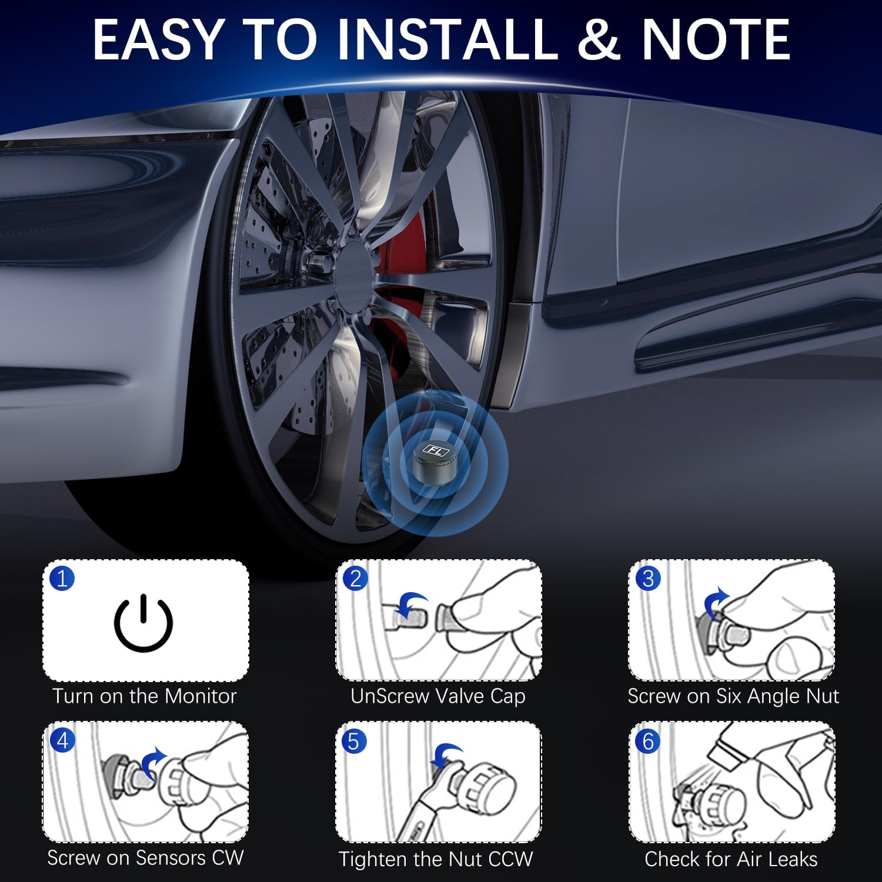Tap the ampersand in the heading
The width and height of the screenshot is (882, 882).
(599, 40)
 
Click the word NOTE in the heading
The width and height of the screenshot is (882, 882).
(716, 40)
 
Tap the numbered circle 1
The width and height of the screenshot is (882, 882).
(62, 579)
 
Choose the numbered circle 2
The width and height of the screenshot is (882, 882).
(355, 579)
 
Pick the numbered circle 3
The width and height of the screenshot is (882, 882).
(648, 579)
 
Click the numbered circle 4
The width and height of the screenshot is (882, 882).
(62, 740)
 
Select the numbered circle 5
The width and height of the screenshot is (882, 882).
(353, 741)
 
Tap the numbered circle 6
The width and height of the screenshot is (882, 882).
(648, 741)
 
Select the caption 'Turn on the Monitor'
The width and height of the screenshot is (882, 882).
(145, 696)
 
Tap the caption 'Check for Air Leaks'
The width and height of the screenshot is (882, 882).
(731, 859)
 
